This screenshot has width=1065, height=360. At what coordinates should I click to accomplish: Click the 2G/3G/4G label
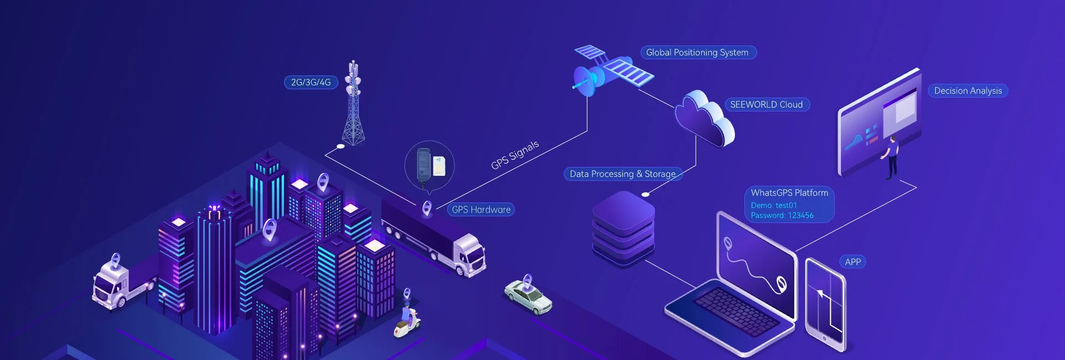click(x=311, y=83)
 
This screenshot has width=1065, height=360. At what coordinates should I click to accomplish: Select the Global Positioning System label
click(x=697, y=53)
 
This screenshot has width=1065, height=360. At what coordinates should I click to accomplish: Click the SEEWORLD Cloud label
click(x=766, y=105)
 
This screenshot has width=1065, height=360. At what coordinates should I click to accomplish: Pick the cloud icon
click(x=703, y=119)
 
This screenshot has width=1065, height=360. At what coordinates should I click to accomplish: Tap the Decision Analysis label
click(x=967, y=91)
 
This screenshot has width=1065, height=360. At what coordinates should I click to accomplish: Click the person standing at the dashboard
click(x=891, y=157)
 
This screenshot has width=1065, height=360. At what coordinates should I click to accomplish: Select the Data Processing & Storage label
click(x=622, y=174)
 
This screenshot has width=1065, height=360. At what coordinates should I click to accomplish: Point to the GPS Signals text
click(x=515, y=155)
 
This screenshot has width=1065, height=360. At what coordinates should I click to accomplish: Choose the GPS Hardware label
click(x=481, y=210)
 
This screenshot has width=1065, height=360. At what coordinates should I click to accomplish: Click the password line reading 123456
click(x=782, y=216)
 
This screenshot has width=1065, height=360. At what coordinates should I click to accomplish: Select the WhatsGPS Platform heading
click(x=789, y=193)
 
